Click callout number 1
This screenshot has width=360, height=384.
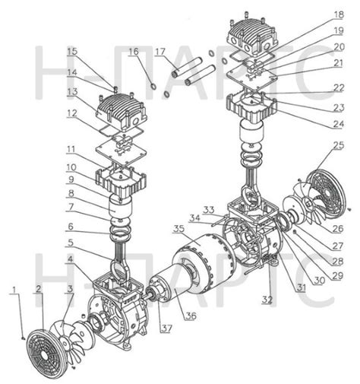pos(14,290)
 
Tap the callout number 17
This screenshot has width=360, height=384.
pos(159,52)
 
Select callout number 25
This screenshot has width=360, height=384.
pos(339,145)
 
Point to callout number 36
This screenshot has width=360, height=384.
pos(191,316)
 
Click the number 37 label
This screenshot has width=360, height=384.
pos(166,328)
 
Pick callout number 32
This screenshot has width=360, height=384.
pos(267,300)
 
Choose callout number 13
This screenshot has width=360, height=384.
pos(72,91)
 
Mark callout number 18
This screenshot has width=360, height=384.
pos(339,14)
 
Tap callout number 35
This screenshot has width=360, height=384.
pos(179,228)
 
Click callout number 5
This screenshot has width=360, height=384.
pos(71,243)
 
